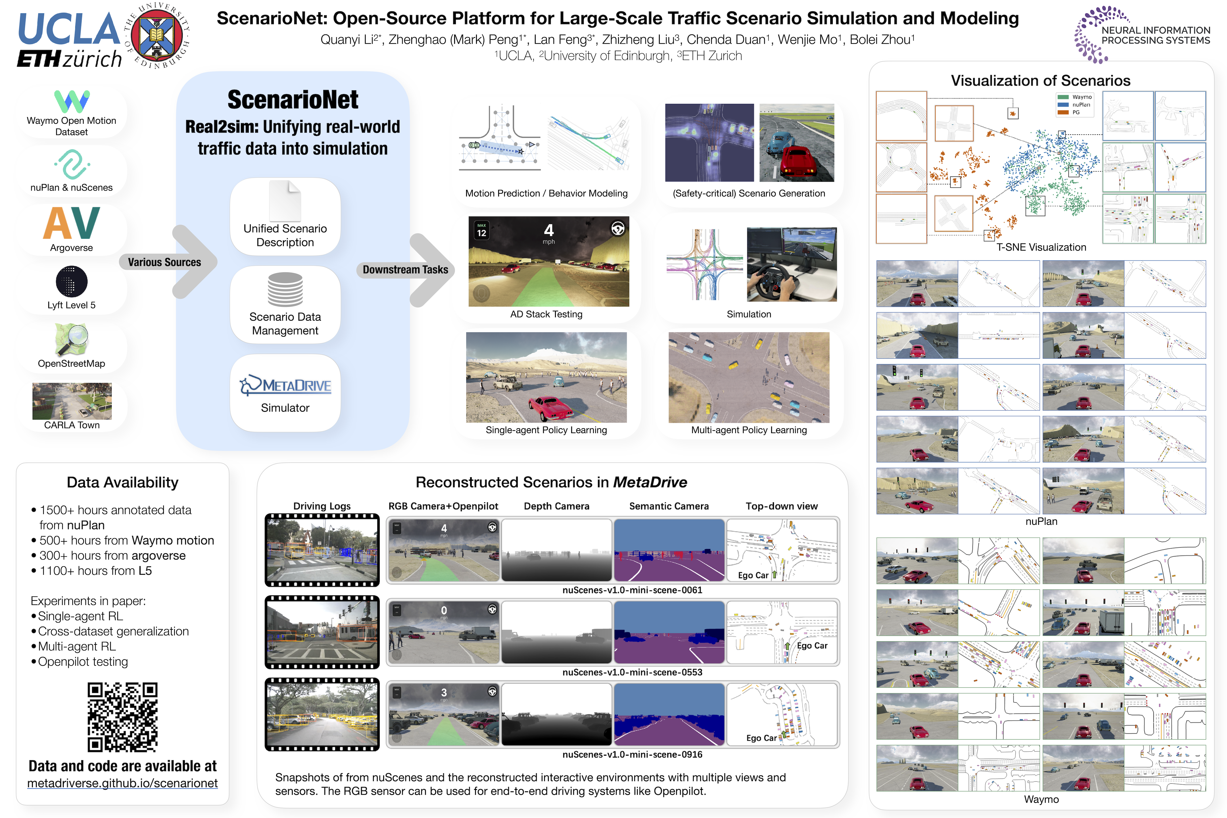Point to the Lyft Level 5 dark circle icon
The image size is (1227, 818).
pyautogui.click(x=72, y=282)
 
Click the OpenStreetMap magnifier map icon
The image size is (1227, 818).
pyautogui.click(x=72, y=339)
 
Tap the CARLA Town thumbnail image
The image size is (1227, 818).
pyautogui.click(x=72, y=401)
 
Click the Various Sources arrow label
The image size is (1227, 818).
pyautogui.click(x=164, y=262)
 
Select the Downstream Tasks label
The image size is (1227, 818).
pyautogui.click(x=405, y=270)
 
